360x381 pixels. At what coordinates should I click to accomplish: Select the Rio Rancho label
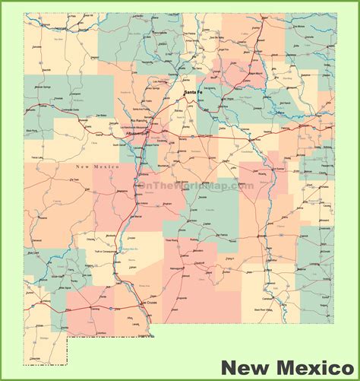pyautogui.click(x=138, y=121)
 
